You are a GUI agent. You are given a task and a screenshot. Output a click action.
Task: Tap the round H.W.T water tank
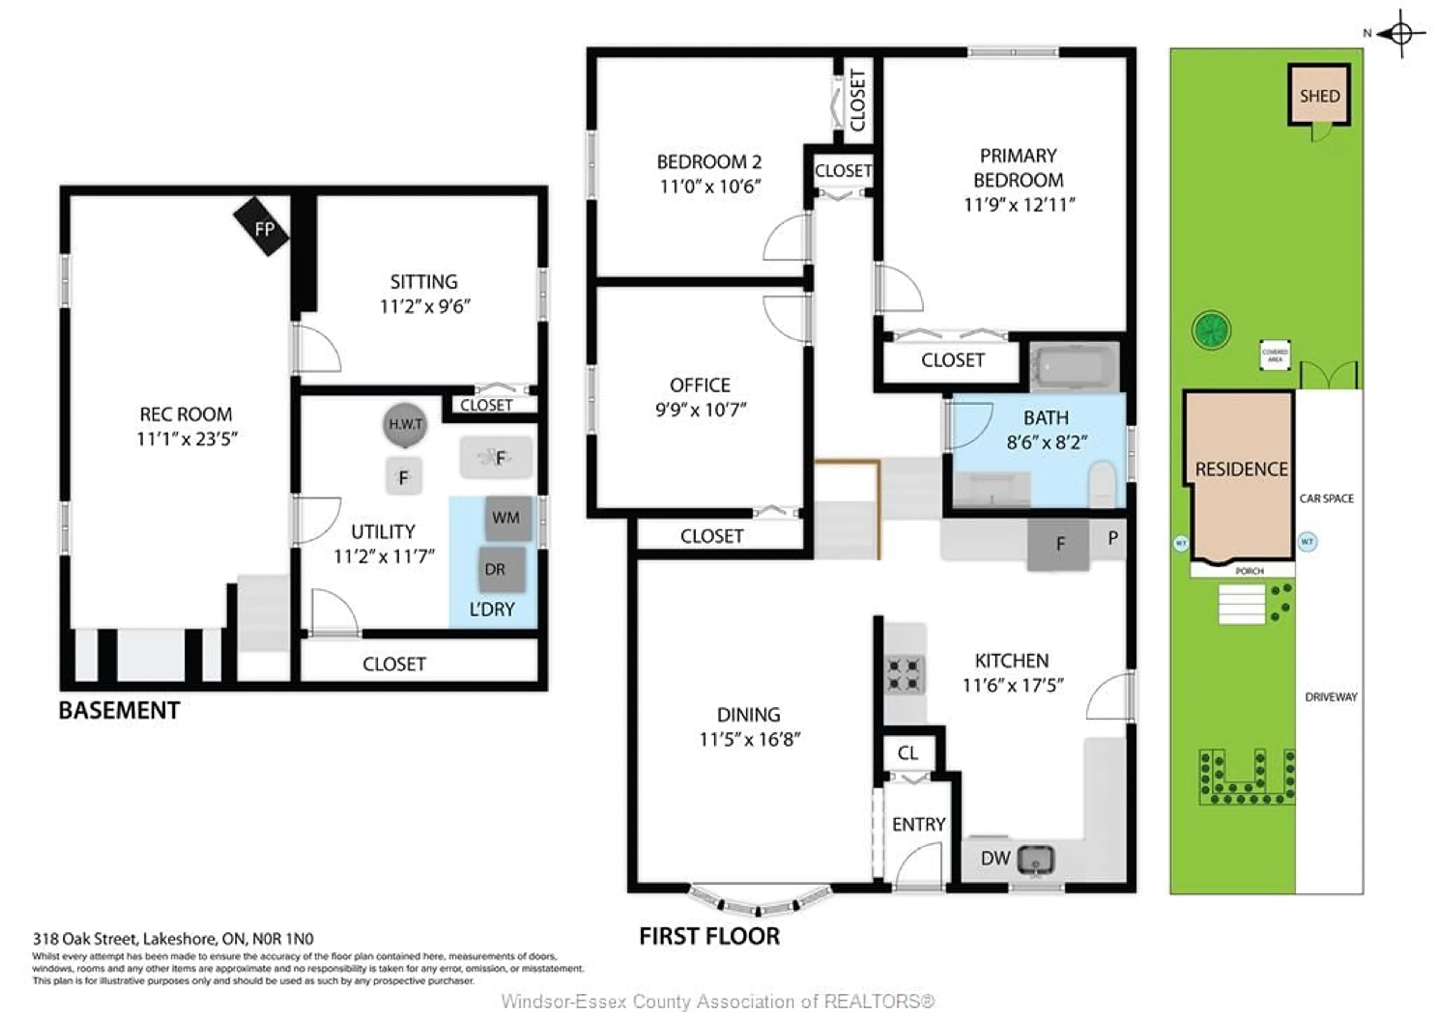tap(405, 424)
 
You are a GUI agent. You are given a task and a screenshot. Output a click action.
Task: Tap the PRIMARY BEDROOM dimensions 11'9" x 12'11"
tap(1018, 205)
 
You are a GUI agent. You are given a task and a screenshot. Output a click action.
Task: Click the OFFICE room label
tap(700, 385)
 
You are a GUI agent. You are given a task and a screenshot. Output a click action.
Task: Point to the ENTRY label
tap(918, 825)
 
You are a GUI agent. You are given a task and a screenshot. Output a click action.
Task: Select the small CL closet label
tap(908, 753)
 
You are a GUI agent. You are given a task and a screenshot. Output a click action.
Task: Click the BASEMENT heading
tap(119, 710)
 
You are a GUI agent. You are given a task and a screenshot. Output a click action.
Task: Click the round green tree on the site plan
tap(1211, 330)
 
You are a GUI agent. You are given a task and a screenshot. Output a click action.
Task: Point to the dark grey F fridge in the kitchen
tap(1059, 544)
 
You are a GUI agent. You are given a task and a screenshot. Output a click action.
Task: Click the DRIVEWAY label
tap(1331, 697)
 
